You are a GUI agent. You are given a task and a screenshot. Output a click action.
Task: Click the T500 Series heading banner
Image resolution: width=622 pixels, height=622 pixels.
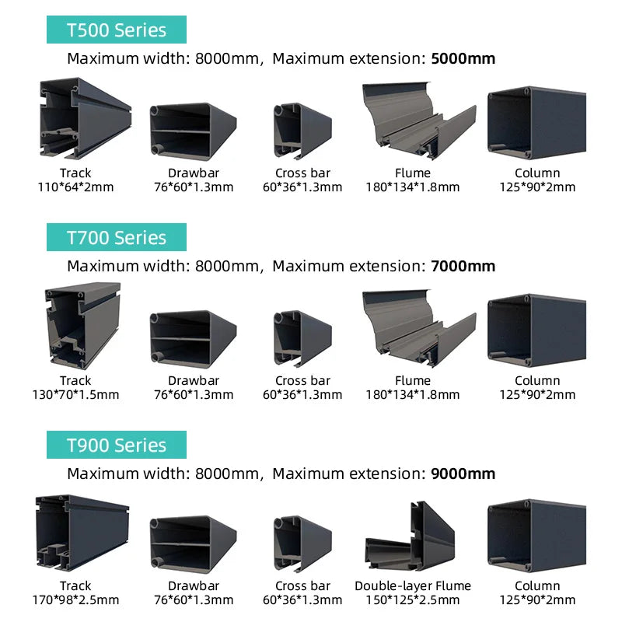click(x=116, y=30)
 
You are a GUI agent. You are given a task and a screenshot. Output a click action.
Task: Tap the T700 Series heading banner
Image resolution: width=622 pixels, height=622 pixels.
click(x=116, y=237)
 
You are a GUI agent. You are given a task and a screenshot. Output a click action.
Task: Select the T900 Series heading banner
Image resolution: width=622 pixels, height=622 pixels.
click(x=116, y=445)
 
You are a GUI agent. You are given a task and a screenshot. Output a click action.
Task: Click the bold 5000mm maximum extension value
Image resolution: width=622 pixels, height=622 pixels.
click(x=463, y=59)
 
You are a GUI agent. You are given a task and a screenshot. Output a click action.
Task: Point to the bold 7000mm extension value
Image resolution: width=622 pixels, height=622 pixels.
click(x=463, y=266)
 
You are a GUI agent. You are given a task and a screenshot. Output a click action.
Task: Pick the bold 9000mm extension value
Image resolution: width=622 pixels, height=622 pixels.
click(x=463, y=473)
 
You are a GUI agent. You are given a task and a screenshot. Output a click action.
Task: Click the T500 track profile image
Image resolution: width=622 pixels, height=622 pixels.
click(x=85, y=118)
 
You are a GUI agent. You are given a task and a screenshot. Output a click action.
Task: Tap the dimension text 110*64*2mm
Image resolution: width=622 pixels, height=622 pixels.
click(x=75, y=187)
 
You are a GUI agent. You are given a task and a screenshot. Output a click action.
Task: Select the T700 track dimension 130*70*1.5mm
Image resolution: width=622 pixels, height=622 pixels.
click(x=75, y=395)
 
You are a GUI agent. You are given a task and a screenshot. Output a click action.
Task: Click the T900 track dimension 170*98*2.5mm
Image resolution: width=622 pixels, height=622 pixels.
click(x=75, y=599)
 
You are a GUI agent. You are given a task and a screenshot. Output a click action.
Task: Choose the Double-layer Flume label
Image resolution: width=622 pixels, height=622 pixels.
click(x=413, y=586)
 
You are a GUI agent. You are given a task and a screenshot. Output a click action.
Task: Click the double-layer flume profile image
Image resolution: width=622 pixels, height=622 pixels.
click(x=411, y=536)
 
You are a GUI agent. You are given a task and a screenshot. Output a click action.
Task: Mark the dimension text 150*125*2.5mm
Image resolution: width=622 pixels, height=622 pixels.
click(x=413, y=599)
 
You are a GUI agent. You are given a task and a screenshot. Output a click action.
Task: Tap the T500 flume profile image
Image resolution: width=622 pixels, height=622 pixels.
click(x=419, y=121)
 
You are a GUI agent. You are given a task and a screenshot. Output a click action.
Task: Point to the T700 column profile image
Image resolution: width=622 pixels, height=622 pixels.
click(x=536, y=330)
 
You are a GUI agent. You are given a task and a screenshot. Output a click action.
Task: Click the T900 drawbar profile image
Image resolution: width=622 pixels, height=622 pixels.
click(x=193, y=543)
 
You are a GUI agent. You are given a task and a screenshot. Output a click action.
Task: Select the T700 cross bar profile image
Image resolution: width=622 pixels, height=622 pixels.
click(x=302, y=338)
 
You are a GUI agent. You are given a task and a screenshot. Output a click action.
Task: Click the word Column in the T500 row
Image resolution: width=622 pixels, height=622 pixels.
click(x=537, y=173)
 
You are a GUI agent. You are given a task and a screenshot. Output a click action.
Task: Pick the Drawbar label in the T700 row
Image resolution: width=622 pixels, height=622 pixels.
click(x=194, y=381)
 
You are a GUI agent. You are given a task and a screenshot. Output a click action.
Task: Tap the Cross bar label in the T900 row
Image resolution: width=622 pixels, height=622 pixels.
click(x=302, y=586)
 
